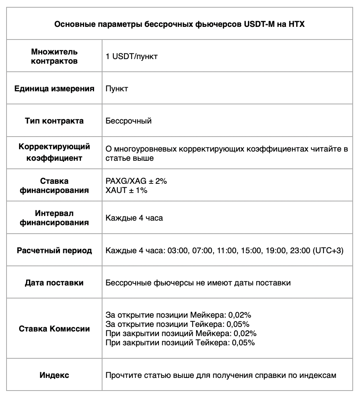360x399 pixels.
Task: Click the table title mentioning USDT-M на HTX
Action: click(x=180, y=24)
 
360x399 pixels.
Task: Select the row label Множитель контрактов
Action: click(x=54, y=56)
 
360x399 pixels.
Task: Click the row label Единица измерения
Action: click(x=54, y=89)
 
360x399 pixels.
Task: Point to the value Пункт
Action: click(x=117, y=89)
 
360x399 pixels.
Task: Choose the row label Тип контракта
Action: click(x=54, y=121)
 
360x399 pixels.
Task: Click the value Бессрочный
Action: click(x=129, y=121)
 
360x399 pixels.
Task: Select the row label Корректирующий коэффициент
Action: click(x=54, y=152)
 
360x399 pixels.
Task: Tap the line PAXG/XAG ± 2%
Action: click(x=136, y=181)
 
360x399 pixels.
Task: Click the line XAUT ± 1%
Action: click(x=126, y=190)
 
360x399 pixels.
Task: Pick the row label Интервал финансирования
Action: click(x=54, y=218)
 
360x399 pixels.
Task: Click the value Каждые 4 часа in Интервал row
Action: click(x=134, y=218)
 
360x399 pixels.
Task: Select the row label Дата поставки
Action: click(x=54, y=283)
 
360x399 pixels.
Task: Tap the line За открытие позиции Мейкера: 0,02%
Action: click(x=178, y=315)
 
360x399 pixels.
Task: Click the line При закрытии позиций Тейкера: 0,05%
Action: click(x=180, y=343)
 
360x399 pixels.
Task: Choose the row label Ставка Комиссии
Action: click(x=54, y=329)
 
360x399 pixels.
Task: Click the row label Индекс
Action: click(x=54, y=375)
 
